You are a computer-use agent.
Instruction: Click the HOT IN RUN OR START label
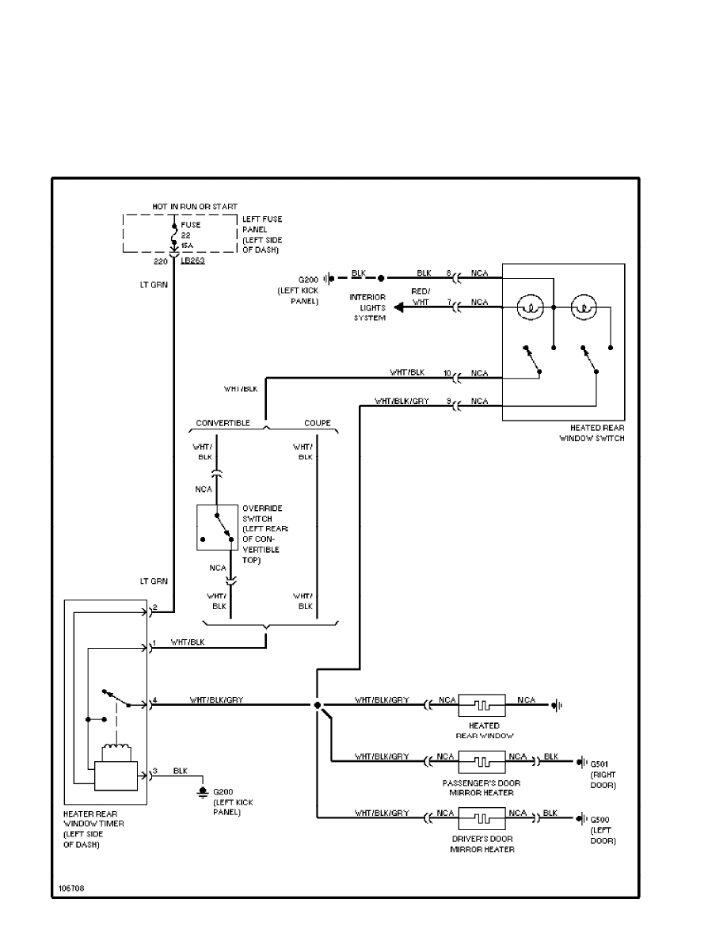(195, 207)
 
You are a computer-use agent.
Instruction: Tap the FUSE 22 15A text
(189, 234)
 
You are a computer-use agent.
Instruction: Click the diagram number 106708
(71, 888)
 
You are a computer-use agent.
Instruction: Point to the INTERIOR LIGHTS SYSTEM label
(368, 307)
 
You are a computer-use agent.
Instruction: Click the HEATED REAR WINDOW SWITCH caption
(592, 432)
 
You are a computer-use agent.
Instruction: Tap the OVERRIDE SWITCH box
(217, 528)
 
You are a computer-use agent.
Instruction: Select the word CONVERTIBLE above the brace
(223, 423)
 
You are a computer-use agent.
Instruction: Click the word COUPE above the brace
(318, 423)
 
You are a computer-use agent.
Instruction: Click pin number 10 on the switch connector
(447, 372)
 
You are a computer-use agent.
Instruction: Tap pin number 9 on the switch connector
(448, 402)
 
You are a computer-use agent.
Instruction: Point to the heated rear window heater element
(483, 703)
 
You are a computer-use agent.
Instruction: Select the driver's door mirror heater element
(483, 817)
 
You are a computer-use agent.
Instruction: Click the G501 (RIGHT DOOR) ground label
(603, 774)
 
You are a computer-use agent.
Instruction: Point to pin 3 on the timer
(155, 771)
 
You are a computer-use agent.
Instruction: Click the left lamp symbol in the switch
(530, 306)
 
